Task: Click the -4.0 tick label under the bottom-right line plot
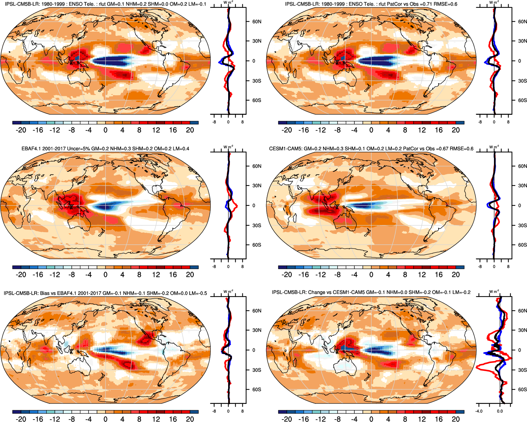tap(479, 411)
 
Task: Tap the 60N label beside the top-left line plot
tap(257, 22)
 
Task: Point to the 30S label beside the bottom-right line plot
tap(522, 370)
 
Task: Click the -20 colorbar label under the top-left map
tap(21, 130)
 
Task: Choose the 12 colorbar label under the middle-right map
tap(422, 275)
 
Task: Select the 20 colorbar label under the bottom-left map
tap(190, 420)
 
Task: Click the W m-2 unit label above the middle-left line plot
tap(228, 146)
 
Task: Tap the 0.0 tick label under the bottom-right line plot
tap(500, 411)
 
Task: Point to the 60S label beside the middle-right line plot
tap(522, 245)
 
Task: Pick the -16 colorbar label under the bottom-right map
tap(303, 420)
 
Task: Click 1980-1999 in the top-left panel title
tap(52, 4)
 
